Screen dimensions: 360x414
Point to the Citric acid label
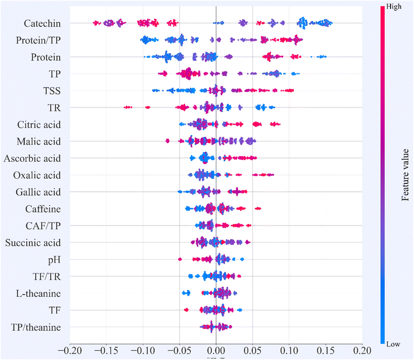pyautogui.click(x=39, y=124)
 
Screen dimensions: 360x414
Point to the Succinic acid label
pyautogui.click(x=34, y=242)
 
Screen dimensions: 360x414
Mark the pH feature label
pyautogui.click(x=54, y=259)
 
